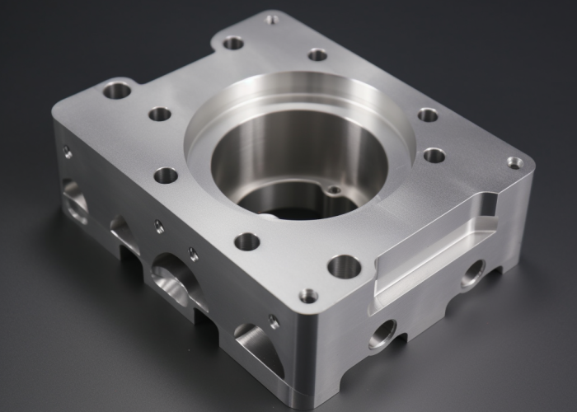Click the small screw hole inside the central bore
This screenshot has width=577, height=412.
coord(334,190)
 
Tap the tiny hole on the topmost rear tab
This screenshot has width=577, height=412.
coord(272,18)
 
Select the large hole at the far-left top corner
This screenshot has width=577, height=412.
coord(116,90)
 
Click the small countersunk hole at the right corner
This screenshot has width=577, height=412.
coord(514,162)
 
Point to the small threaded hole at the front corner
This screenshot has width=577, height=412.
coord(308,295)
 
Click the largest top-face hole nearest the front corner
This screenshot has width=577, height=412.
coord(344,266)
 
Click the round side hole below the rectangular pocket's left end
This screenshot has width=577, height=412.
coord(383,334)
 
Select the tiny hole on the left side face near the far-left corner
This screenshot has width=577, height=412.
coord(67,152)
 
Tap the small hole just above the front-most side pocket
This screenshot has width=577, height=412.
coord(273,321)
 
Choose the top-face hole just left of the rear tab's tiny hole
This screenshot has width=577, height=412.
coord(233,42)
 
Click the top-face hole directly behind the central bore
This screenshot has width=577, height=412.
coord(317,55)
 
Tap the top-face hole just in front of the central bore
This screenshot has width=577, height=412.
coord(246,241)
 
